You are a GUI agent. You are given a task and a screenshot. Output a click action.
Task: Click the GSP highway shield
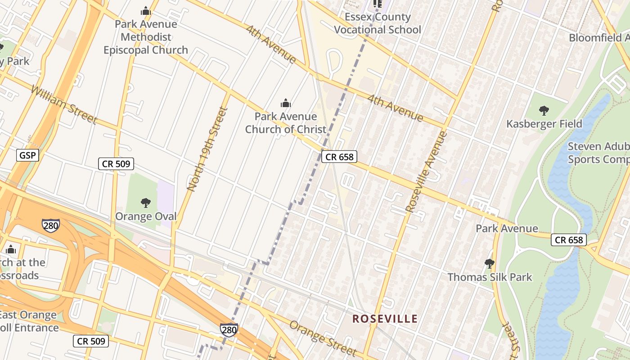(28, 156)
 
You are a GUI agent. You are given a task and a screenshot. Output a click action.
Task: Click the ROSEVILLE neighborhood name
(385, 319)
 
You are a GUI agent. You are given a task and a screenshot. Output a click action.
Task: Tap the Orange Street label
(323, 338)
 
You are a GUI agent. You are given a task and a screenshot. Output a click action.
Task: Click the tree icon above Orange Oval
(145, 203)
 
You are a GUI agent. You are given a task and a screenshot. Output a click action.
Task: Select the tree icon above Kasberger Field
(544, 110)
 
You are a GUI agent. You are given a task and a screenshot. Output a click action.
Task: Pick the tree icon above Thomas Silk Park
(490, 264)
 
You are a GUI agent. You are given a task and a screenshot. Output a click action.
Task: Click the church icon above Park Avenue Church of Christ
(285, 104)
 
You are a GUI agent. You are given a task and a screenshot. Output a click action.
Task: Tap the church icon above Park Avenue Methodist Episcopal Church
(145, 11)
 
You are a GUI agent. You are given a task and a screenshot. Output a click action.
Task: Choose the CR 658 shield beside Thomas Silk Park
(569, 240)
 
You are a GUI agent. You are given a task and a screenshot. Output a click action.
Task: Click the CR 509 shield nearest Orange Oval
(116, 164)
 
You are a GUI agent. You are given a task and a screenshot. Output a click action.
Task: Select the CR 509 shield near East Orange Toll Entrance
(91, 341)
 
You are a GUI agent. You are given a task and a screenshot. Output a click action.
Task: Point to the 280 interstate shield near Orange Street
(229, 330)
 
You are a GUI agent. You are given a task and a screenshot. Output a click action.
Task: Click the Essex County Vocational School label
(378, 23)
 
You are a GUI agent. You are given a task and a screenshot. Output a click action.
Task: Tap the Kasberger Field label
(544, 124)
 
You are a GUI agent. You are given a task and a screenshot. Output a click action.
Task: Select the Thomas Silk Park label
(490, 277)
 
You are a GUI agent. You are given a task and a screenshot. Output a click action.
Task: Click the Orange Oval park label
(146, 216)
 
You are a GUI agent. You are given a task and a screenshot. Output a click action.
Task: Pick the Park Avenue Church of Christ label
(285, 123)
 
